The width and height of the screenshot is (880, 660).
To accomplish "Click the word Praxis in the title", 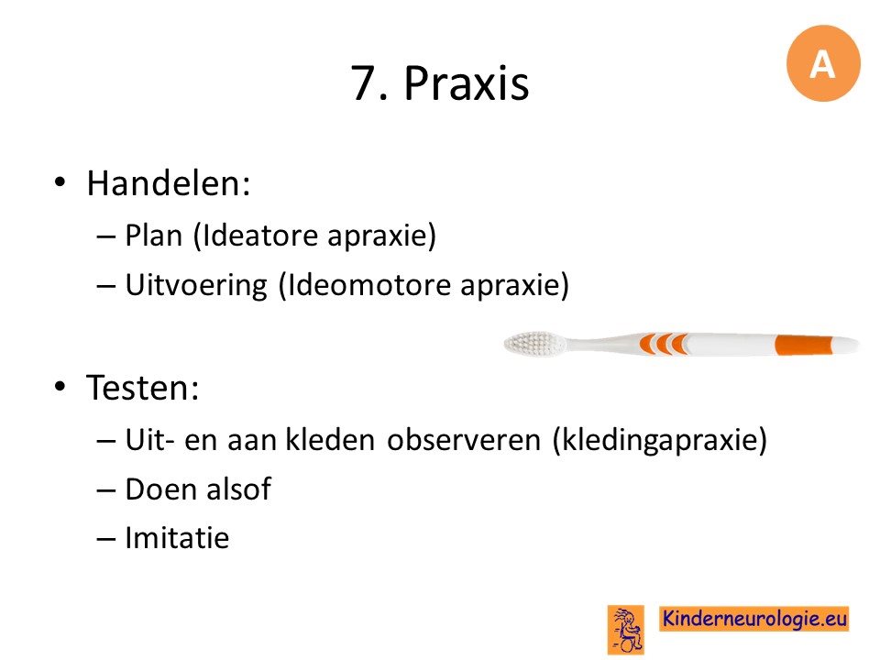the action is (x=467, y=83).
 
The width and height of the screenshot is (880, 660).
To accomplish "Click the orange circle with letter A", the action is (x=823, y=63).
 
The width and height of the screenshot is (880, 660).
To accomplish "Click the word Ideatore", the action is (x=259, y=235).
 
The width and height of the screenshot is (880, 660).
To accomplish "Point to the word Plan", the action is (x=154, y=235).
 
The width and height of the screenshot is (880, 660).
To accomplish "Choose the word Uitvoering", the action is (x=196, y=285).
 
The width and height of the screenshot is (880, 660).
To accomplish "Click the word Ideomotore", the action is (x=368, y=284).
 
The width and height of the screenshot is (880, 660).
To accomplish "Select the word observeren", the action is (x=464, y=439).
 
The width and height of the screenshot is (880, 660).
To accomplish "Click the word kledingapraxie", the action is (x=660, y=440).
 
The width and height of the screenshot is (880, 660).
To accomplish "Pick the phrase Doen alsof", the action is (x=198, y=489).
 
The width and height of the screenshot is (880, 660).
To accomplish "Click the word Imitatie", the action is (x=177, y=538).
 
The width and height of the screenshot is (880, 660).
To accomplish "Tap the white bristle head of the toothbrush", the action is (x=534, y=343).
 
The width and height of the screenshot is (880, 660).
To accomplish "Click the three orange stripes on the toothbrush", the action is (x=664, y=344).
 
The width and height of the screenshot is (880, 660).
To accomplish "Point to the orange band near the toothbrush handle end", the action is (x=804, y=345).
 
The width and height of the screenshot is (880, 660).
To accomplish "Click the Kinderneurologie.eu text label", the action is (x=753, y=619).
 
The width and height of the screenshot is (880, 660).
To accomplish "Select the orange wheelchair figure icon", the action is (x=626, y=630).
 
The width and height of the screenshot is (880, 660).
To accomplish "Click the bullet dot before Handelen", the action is (x=60, y=182).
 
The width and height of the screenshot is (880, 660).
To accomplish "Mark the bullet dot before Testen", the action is (x=60, y=387).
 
